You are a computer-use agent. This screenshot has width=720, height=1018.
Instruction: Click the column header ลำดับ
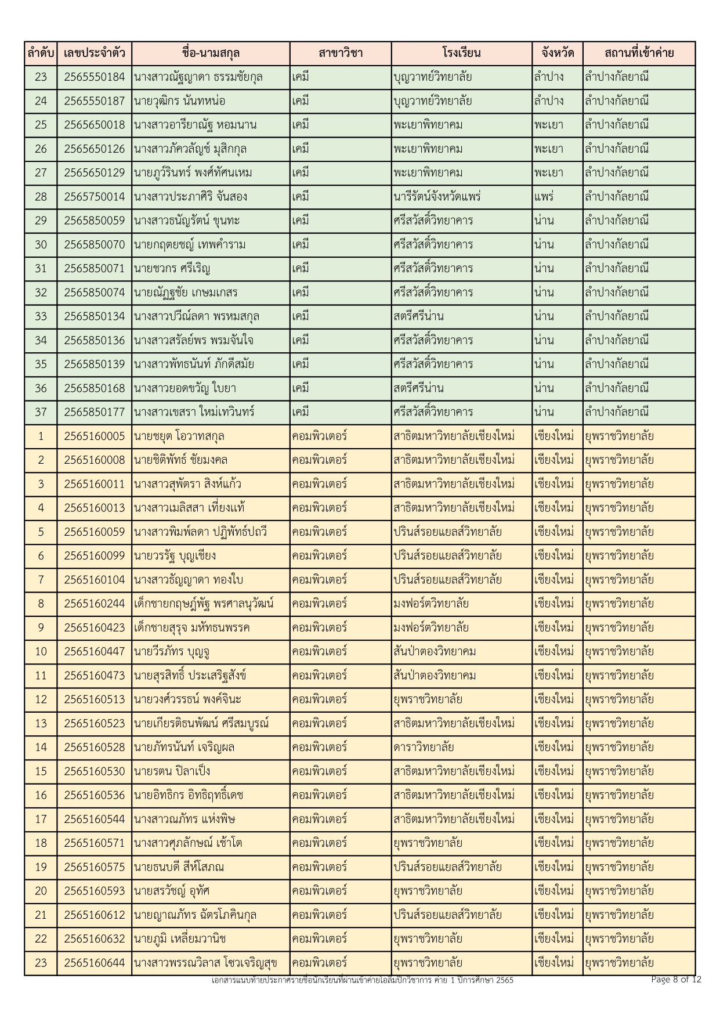pyautogui.click(x=41, y=53)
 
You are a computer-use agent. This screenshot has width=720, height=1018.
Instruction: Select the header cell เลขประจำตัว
pyautogui.click(x=94, y=53)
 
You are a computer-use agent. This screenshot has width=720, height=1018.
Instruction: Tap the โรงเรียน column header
pyautogui.click(x=461, y=53)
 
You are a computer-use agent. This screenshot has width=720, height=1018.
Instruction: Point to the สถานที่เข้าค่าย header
pyautogui.click(x=638, y=53)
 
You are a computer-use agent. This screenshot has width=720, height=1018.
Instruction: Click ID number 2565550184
pyautogui.click(x=94, y=77)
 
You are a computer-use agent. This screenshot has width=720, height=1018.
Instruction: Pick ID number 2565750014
pyautogui.click(x=94, y=197)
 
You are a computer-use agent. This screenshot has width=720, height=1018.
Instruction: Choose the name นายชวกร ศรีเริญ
pyautogui.click(x=172, y=269)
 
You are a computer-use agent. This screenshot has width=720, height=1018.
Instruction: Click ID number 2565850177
pyautogui.click(x=94, y=412)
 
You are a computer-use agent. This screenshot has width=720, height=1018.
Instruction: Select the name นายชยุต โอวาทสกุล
pyautogui.click(x=179, y=436)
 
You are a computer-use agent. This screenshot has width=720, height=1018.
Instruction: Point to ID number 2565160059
pyautogui.click(x=94, y=532)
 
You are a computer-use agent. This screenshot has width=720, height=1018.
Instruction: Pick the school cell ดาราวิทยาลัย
pyautogui.click(x=423, y=747)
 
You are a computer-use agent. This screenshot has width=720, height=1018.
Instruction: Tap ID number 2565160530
pyautogui.click(x=94, y=771)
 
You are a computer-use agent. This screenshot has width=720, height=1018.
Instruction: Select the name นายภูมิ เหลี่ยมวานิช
pyautogui.click(x=179, y=938)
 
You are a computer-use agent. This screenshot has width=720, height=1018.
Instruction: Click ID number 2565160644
pyautogui.click(x=94, y=963)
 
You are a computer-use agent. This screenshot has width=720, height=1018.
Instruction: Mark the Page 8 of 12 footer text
pyautogui.click(x=676, y=980)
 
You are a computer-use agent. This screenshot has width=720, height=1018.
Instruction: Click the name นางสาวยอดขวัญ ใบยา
pyautogui.click(x=184, y=388)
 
